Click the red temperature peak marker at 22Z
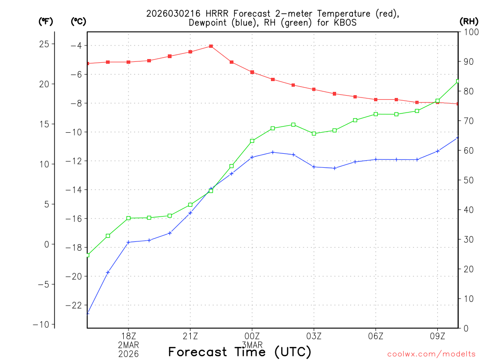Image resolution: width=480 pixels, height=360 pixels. click(x=211, y=46)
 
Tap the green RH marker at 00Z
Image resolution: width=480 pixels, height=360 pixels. click(x=252, y=141)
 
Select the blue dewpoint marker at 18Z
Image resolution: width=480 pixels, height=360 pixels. click(x=128, y=242)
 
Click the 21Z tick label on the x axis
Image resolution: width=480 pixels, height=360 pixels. click(x=190, y=336)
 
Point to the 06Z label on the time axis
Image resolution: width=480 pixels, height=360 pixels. click(x=376, y=336)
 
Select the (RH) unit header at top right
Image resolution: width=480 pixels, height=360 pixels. click(x=468, y=21)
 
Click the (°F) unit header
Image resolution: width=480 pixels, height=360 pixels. click(x=46, y=21)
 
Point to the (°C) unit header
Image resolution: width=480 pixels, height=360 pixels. click(x=78, y=21)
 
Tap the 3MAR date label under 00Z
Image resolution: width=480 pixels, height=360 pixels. click(x=252, y=345)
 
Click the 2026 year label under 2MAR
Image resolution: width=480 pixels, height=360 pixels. click(x=128, y=354)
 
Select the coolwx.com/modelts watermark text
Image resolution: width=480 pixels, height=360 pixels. click(x=431, y=354)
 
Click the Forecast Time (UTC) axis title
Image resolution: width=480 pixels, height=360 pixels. click(x=240, y=352)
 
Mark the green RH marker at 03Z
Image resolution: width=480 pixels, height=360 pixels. click(x=314, y=134)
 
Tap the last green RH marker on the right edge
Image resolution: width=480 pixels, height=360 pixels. click(x=458, y=82)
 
